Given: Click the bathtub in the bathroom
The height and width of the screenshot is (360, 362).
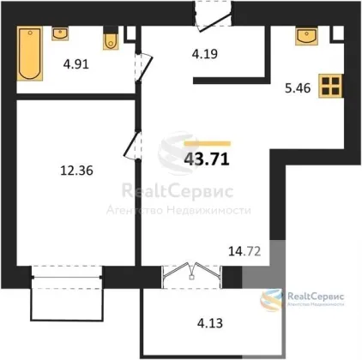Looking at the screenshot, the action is point(30,53).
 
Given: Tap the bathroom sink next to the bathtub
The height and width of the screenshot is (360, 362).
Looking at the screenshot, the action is point(60,33).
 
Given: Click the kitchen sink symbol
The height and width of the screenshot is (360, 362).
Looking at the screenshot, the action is point(307,36).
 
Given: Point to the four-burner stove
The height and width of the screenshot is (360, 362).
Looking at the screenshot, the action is point(331,86).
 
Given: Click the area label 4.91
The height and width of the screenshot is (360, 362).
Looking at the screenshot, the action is point(76,64).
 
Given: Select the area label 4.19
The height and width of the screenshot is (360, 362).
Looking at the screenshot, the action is point(205,53).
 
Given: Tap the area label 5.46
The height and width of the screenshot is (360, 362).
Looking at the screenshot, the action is point(298,88).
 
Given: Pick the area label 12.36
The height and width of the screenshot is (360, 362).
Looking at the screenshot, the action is point(77,171).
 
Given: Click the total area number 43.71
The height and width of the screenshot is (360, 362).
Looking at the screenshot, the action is point(207,159).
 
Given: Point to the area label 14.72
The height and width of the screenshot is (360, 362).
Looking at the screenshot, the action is point(244,252).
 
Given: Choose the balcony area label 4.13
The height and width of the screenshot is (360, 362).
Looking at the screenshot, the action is point(210,323).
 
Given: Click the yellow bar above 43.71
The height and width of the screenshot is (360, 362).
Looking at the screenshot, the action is point(208,143).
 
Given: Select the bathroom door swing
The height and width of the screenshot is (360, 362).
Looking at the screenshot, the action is point(144,68).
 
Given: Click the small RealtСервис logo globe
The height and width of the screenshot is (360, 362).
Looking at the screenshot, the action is point(271,300).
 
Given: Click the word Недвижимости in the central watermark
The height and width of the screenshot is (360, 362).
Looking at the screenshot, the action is point(208,211).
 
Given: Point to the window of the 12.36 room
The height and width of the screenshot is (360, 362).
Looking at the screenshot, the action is point(67,277).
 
